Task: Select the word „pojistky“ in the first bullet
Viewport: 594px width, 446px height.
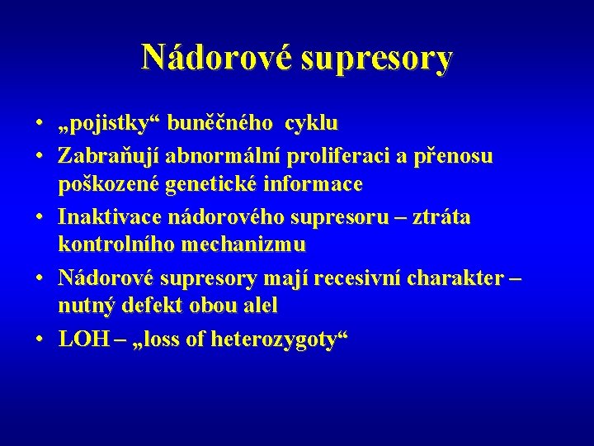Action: (x=108, y=125)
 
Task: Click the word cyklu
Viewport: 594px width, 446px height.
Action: (x=311, y=125)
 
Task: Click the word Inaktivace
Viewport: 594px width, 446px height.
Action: (x=111, y=216)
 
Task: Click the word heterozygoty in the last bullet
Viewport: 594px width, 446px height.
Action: (x=285, y=339)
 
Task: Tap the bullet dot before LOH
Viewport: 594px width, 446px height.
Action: (x=40, y=339)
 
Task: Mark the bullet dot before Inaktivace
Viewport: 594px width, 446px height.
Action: (x=40, y=216)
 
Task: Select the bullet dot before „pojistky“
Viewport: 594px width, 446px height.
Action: (x=40, y=125)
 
